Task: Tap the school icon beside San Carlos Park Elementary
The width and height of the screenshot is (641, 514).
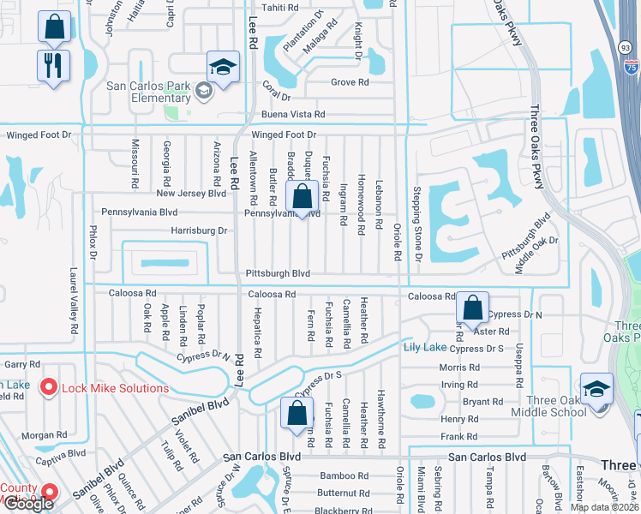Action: [222, 69]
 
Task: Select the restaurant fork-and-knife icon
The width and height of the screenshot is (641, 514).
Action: [54, 66]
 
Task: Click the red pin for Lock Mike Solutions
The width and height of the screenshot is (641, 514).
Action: [49, 388]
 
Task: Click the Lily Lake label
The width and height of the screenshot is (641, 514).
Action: [425, 347]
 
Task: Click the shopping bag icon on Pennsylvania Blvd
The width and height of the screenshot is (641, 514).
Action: [303, 197]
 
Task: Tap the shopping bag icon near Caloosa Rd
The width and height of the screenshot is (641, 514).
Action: [472, 307]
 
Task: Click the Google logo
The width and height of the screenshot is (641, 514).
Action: [28, 504]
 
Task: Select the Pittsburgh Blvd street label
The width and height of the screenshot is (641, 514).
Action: [278, 273]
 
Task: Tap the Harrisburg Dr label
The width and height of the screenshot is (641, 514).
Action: [199, 230]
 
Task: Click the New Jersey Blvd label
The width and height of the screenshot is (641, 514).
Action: [191, 194]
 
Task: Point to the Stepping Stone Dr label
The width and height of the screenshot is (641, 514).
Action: [417, 224]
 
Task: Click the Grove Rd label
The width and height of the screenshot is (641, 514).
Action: [350, 83]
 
